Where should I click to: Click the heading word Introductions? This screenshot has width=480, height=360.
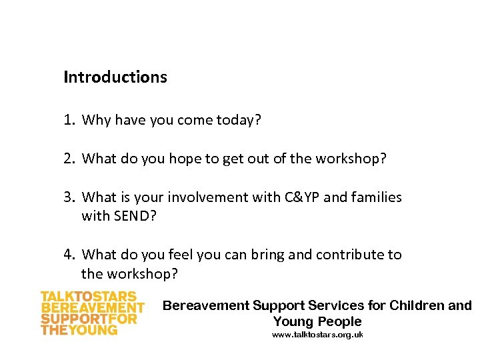[x=115, y=77]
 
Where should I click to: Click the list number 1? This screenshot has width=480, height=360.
[x=68, y=121]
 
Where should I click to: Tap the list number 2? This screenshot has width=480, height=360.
[x=69, y=159]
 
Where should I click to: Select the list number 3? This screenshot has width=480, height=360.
[x=69, y=197]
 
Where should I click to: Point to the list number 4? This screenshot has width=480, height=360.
[x=69, y=255]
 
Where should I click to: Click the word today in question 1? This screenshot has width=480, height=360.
[x=239, y=121]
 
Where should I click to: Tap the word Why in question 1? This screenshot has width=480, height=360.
[x=96, y=121]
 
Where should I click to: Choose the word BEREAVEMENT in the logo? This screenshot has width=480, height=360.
[x=93, y=308]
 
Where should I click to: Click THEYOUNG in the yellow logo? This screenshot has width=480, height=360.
[x=79, y=330]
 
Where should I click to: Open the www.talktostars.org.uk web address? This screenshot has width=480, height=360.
[x=317, y=335]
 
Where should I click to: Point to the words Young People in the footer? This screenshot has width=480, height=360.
[x=317, y=321]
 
